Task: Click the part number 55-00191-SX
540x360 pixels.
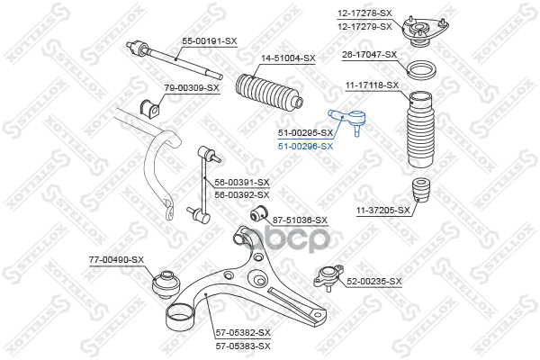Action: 210,40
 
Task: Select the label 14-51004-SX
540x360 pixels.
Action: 288,58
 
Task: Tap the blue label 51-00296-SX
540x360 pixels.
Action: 305,146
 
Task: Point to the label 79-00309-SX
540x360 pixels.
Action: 192,87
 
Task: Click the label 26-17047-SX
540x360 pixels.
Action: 369,54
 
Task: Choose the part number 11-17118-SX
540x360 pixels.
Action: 372,85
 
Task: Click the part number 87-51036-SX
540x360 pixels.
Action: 300,220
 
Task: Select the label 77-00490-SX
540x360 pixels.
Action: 116,259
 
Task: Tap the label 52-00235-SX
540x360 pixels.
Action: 374,281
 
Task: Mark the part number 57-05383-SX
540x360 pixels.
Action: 243,345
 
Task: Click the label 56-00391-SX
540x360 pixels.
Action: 242,182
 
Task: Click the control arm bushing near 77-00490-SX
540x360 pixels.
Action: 166,283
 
